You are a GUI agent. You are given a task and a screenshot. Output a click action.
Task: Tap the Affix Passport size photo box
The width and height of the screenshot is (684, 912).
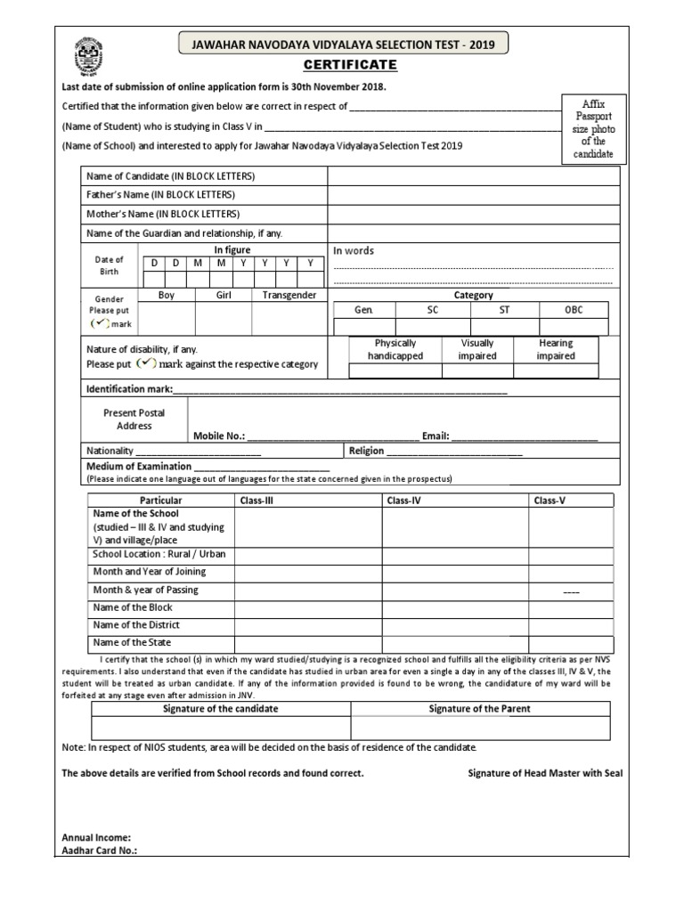click(592, 129)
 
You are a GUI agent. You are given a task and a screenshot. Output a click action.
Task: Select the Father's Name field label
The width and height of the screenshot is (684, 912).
click(160, 194)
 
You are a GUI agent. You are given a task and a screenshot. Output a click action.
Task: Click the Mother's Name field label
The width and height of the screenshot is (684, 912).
click(163, 214)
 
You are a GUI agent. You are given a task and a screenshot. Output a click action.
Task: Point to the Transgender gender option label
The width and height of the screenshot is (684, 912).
click(289, 295)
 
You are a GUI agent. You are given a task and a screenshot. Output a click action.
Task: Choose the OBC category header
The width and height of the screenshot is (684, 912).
click(574, 310)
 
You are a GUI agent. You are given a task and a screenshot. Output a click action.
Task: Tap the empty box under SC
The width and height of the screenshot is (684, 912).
click(432, 327)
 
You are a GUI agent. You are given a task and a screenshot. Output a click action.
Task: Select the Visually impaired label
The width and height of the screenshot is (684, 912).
click(477, 349)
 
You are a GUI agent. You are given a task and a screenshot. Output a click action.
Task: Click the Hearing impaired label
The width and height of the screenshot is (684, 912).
click(556, 349)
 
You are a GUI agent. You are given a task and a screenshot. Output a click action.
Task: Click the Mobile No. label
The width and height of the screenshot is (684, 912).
click(219, 436)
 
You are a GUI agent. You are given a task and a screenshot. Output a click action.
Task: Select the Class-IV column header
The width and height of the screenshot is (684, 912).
click(404, 501)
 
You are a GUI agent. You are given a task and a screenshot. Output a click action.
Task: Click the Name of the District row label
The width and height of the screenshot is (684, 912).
click(137, 624)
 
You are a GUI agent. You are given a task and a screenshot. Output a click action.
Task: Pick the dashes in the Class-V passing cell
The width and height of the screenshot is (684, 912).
click(571, 591)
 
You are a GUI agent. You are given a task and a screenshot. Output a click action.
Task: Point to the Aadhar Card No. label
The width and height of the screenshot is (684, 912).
click(99, 851)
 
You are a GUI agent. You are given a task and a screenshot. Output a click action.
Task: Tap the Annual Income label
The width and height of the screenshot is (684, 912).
click(96, 837)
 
